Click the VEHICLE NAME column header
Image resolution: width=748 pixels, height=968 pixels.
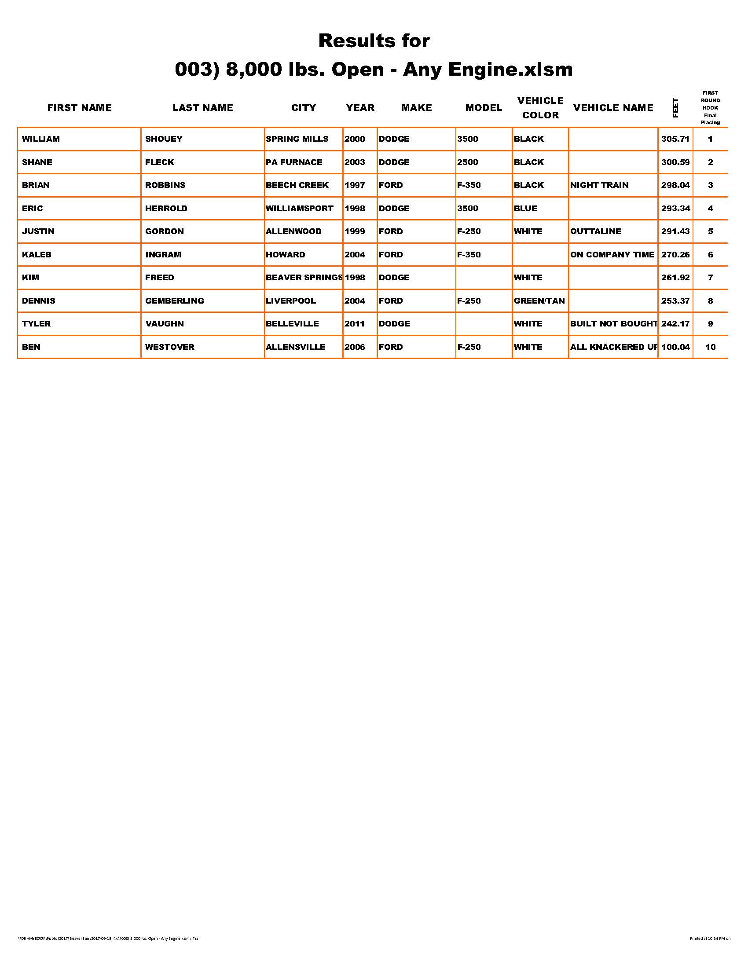[x=613, y=108]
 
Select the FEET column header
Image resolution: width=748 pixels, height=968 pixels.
[x=675, y=108]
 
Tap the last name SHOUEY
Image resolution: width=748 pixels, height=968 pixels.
[x=164, y=139]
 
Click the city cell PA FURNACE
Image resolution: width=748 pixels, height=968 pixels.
[x=294, y=162]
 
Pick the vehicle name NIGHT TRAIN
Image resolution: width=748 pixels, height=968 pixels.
[x=599, y=185]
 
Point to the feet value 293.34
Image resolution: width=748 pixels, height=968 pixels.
[x=675, y=208]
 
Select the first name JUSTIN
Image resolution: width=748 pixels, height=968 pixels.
[x=38, y=231]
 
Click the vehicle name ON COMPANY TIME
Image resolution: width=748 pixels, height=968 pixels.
[x=612, y=254]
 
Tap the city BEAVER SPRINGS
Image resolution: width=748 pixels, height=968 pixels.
[x=304, y=278]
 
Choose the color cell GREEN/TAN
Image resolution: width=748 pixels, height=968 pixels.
[x=539, y=301]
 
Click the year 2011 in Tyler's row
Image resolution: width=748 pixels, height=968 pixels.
[x=355, y=324]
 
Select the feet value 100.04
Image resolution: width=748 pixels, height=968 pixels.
[x=675, y=347]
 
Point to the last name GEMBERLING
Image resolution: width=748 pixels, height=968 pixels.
[x=175, y=301]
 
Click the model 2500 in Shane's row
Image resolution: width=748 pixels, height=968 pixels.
[x=467, y=162]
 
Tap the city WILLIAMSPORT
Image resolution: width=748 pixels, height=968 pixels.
[x=299, y=208]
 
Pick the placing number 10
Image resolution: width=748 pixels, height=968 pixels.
[x=710, y=347]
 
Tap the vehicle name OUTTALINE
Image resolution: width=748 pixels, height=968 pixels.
[x=596, y=231]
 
